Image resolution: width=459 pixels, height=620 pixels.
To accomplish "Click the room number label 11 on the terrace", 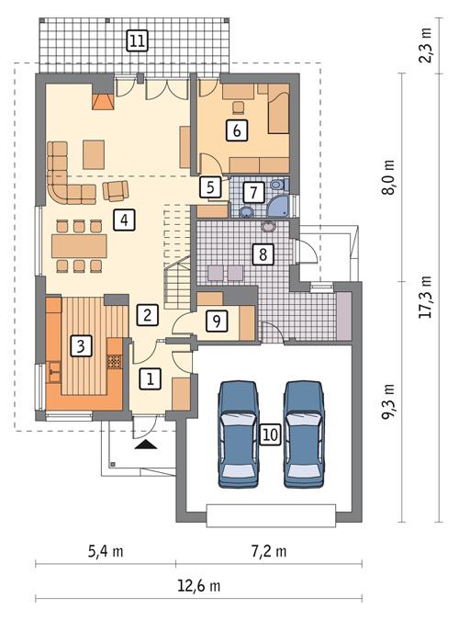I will click(137, 40).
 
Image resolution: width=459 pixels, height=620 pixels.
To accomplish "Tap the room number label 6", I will click(237, 130).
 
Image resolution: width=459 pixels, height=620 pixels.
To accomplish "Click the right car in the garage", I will click(305, 434).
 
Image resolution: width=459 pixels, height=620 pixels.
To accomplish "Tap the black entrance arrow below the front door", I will click(146, 445).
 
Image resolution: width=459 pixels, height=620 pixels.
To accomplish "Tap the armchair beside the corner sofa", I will click(117, 191).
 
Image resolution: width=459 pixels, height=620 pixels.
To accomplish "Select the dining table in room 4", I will click(79, 245).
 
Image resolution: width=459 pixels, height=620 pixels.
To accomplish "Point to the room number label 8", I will click(263, 254).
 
